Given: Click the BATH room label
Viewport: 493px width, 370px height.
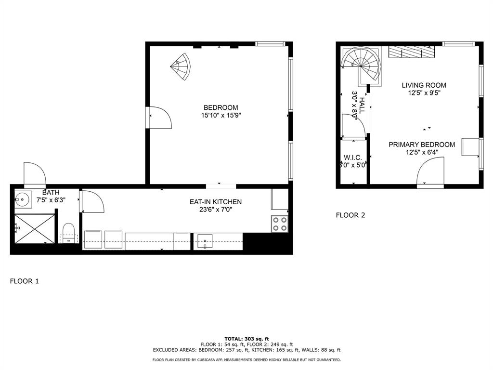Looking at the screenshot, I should coord(51,193).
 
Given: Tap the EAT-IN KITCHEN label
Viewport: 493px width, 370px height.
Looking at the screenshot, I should coord(215,202).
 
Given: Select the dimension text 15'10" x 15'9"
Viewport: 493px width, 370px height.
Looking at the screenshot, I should coord(221,116).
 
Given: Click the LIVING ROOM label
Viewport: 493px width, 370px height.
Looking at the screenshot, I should coord(424,85).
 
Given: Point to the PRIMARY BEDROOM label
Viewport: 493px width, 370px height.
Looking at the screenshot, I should coord(422,145).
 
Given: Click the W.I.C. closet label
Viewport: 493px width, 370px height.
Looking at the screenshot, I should coord(353,158).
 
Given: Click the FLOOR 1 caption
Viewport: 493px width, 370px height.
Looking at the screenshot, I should coord(24,281).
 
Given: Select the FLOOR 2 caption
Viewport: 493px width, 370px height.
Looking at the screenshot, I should coord(350,215).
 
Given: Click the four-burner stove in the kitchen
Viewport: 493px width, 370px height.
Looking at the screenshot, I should coord(280,224).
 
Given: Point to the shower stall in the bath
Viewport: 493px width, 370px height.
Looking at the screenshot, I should coord(35,229).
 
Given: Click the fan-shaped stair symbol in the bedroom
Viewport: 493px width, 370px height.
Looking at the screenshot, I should coord(182,66).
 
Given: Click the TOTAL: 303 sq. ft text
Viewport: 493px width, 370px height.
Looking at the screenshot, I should coord(246,339).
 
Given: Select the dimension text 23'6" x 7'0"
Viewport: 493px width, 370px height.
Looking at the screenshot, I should coord(215,210).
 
